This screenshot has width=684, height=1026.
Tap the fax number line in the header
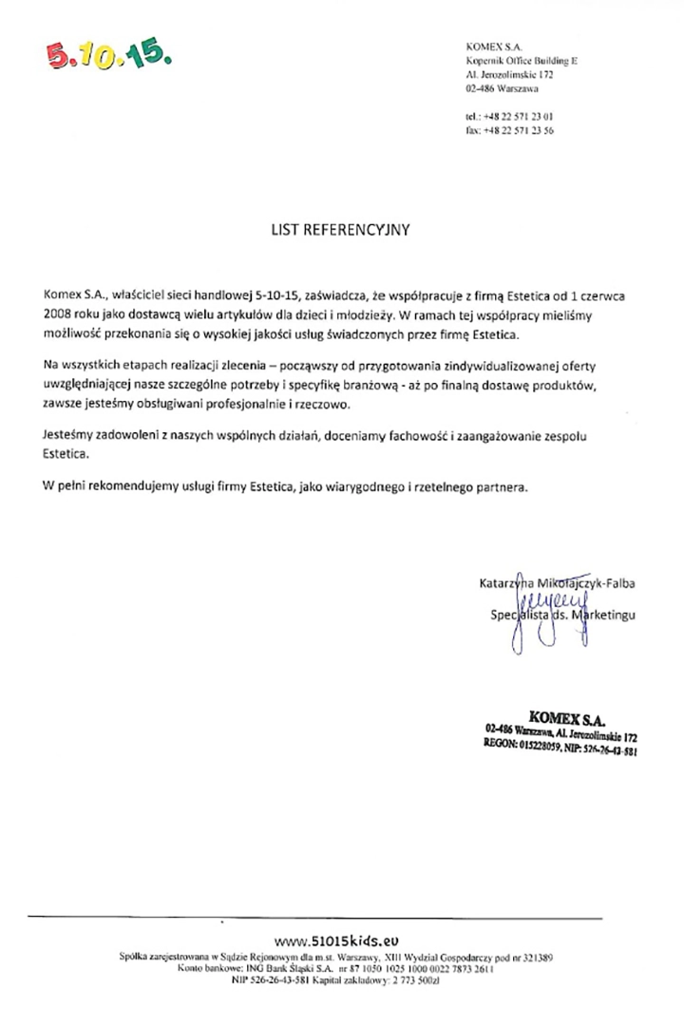(x=510, y=131)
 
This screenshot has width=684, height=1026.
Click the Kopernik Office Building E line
(x=522, y=59)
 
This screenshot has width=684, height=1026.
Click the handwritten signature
(x=531, y=617)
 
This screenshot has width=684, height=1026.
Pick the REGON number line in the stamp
(x=560, y=749)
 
